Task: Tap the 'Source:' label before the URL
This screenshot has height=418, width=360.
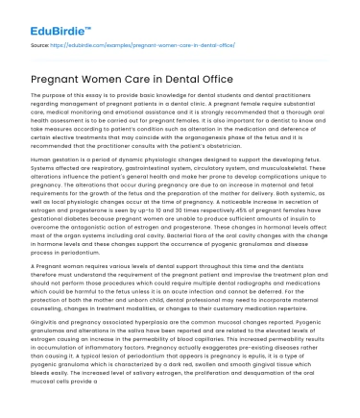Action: coord(41,44)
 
